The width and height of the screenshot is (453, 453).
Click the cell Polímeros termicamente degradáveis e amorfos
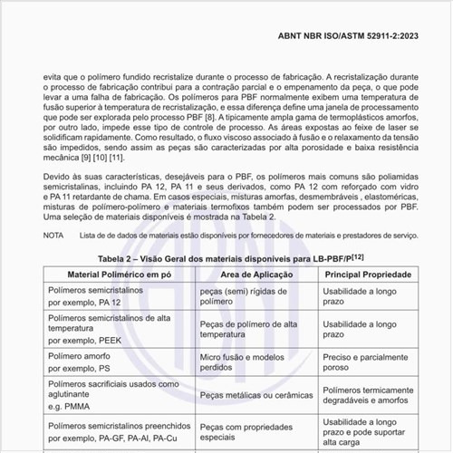pyautogui.click(x=370, y=396)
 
